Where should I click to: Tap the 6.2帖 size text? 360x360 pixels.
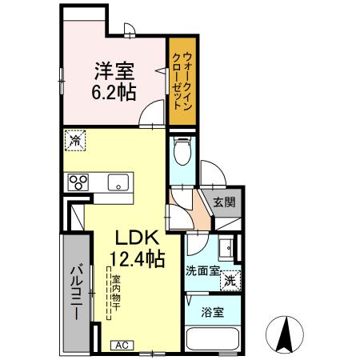coord(106,90)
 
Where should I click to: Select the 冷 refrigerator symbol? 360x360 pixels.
coord(74,141)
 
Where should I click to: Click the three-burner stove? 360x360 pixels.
coord(78,182)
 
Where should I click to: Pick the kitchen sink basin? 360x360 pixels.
coord(118,182)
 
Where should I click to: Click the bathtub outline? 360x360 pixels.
coord(211,338)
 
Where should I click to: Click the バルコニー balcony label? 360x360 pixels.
coord(73,291)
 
